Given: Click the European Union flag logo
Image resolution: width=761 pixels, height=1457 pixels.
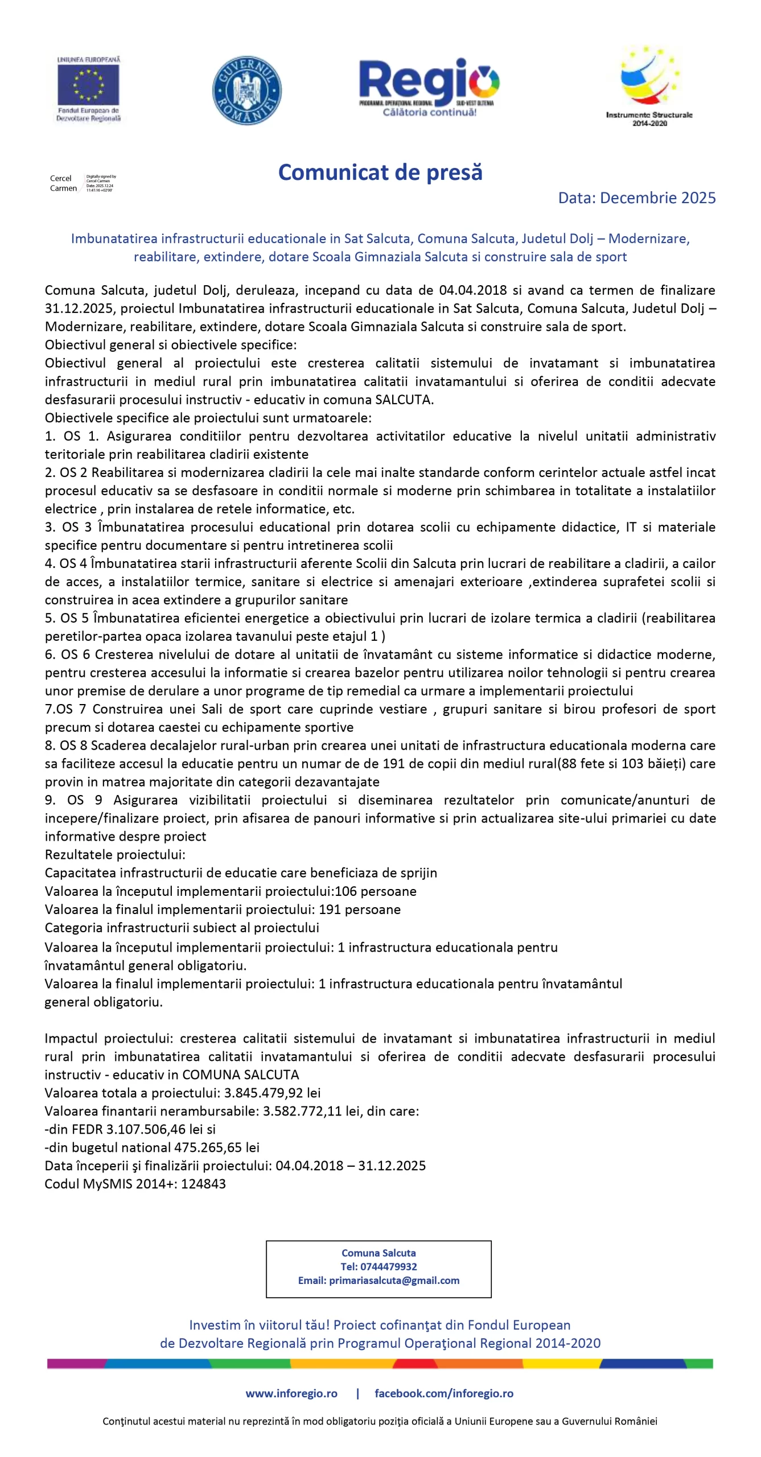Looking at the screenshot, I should (88, 85).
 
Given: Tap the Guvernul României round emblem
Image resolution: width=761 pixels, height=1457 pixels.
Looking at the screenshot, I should (246, 90).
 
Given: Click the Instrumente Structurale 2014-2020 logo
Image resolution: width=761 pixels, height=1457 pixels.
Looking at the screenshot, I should (649, 85).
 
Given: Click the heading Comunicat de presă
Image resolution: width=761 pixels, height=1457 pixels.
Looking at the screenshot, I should (380, 172).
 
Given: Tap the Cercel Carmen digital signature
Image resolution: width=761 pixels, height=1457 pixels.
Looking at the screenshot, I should (83, 183).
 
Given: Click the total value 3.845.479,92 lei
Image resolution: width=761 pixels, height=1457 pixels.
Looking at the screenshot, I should (272, 1092).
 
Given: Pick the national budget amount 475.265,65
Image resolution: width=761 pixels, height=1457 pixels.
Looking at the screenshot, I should (212, 1147).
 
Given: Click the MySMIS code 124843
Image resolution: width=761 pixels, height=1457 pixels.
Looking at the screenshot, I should (203, 1183).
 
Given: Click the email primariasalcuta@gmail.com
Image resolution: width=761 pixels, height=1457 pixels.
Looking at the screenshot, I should (394, 1280).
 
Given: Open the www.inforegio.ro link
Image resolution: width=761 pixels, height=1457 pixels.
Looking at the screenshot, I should (291, 1393).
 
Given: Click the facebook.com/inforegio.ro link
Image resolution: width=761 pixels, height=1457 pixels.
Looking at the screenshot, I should (444, 1393).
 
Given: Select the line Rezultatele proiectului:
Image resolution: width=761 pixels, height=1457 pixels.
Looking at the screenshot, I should (115, 854).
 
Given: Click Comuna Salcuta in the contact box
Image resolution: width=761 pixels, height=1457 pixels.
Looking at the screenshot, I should (379, 1253).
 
